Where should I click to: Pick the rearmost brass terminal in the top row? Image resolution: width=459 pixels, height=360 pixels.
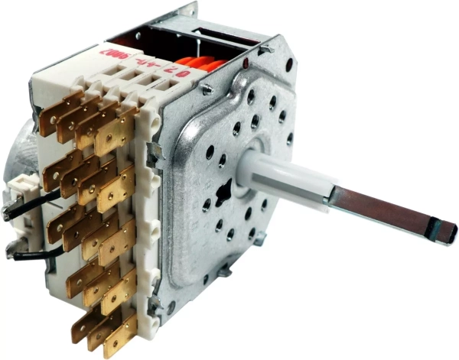point(57,111)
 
